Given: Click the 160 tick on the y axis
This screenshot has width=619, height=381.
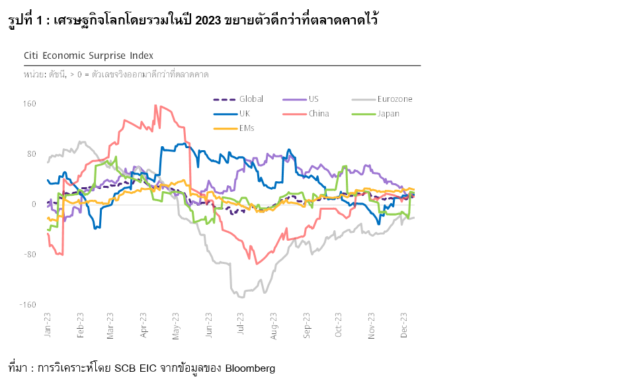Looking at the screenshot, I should [x=29, y=104].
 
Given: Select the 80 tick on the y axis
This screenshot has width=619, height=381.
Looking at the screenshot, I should [x=31, y=154].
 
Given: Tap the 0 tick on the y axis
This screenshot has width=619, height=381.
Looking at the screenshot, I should [x=33, y=204].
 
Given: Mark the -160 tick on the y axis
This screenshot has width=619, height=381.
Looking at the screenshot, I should [x=28, y=305].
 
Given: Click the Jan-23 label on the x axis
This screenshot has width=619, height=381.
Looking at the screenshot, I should [x=48, y=325].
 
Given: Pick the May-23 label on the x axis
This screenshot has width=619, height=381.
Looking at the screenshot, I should [x=176, y=325].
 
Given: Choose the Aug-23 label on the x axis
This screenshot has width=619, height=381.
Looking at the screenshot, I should [x=274, y=325].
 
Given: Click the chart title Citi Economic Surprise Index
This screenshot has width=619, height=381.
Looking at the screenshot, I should [x=88, y=56].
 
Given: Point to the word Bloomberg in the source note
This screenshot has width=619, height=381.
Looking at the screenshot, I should [x=250, y=368].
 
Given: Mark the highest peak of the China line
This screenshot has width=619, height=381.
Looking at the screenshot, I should [x=155, y=105].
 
